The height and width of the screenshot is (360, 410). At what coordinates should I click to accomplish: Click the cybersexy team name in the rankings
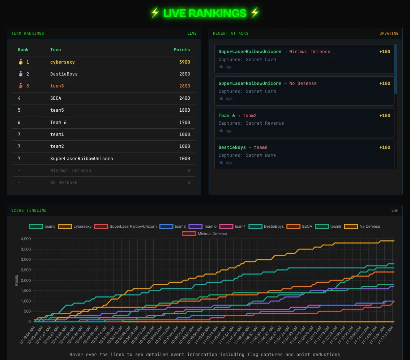63,62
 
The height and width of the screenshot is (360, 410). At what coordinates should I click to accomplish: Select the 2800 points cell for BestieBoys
184,74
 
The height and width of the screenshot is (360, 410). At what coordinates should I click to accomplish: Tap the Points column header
181,50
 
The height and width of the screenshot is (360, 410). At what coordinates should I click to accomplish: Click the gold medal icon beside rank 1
20,62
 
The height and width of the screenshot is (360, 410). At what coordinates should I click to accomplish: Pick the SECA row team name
56,98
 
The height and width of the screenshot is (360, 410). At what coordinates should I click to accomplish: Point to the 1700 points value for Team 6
184,123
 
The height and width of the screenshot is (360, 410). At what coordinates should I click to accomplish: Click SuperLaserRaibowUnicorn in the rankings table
82,159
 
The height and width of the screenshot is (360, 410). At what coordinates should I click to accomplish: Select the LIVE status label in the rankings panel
192,34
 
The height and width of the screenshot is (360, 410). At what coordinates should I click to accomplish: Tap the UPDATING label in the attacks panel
389,34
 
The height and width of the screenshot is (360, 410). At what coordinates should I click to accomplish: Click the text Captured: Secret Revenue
251,123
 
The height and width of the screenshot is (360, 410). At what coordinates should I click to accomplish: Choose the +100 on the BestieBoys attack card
385,147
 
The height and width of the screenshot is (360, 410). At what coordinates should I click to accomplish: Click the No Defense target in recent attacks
303,83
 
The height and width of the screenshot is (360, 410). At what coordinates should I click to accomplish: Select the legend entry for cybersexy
75,227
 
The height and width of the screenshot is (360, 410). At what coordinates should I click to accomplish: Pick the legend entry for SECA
299,227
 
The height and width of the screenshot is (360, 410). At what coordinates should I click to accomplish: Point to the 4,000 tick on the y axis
26,239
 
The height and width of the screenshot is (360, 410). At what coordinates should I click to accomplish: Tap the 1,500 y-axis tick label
26,291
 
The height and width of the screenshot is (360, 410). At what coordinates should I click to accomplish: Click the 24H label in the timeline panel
395,211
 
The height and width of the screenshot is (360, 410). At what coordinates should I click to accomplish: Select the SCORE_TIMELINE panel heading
29,211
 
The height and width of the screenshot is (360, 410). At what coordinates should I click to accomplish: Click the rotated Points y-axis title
17,280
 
